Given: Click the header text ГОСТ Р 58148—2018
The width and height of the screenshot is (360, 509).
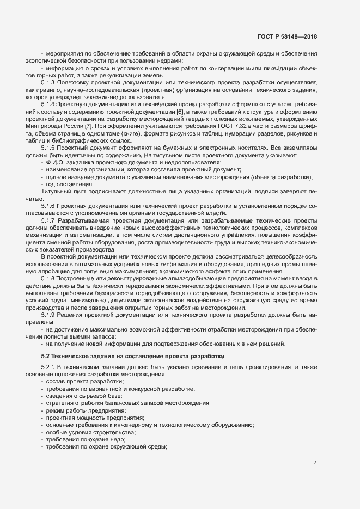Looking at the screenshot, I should [286, 37].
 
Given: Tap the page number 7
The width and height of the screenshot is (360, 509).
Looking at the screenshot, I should [315, 463].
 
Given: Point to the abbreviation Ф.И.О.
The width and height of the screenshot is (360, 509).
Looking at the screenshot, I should [56, 163].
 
